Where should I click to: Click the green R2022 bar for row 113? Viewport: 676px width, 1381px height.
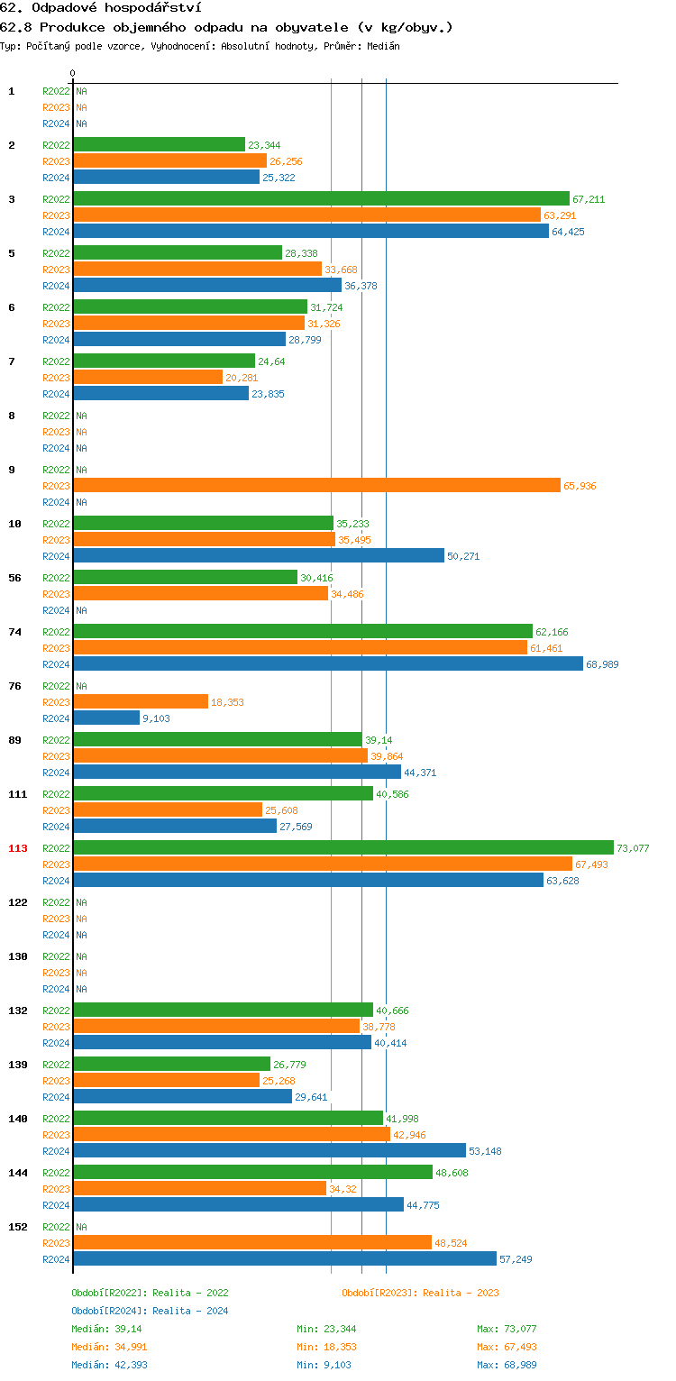(x=343, y=847)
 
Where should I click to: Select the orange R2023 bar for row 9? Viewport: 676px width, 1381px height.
(x=316, y=485)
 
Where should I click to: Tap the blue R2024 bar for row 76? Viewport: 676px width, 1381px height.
(x=106, y=718)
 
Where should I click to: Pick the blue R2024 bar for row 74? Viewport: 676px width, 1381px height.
(x=328, y=663)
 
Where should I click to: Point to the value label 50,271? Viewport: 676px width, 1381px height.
(x=463, y=556)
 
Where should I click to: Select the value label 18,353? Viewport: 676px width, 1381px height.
(x=227, y=702)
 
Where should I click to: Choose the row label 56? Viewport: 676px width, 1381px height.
(x=16, y=578)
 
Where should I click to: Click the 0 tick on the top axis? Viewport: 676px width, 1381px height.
(x=73, y=73)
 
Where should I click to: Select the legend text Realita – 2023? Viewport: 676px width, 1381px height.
(x=461, y=1293)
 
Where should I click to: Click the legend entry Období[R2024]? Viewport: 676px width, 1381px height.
(x=109, y=1311)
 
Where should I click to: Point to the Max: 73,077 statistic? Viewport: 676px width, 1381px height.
(x=507, y=1329)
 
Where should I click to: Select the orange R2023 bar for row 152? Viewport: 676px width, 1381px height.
(x=252, y=1242)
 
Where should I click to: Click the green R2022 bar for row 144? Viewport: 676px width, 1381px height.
(x=252, y=1172)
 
